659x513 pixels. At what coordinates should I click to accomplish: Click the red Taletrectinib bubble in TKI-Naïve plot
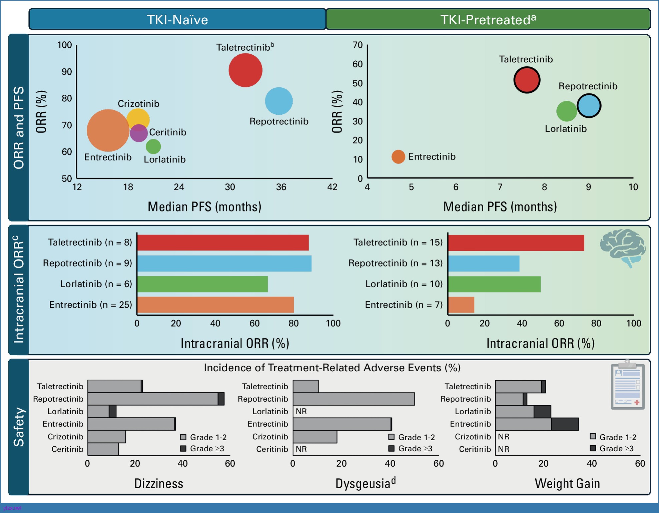click(x=245, y=70)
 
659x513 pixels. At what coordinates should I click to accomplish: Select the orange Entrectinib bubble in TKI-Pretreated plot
click(x=398, y=157)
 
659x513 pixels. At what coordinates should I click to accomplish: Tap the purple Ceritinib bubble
click(x=139, y=133)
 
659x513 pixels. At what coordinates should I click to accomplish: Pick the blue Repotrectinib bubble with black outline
click(x=589, y=106)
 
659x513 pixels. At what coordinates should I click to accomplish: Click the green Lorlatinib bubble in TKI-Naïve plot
click(x=153, y=146)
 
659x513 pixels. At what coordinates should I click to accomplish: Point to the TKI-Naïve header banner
click(x=177, y=19)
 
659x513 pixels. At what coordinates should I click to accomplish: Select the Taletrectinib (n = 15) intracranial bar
click(x=516, y=243)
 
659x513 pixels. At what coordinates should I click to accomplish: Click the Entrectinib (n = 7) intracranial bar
click(x=461, y=305)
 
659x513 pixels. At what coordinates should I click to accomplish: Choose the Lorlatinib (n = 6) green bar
click(x=202, y=284)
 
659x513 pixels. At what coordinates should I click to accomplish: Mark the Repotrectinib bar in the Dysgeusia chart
click(x=354, y=399)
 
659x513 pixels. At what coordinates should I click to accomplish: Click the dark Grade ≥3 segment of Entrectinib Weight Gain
click(x=565, y=424)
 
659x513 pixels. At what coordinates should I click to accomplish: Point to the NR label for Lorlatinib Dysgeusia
click(x=301, y=412)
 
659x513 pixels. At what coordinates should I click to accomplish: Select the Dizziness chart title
click(x=159, y=484)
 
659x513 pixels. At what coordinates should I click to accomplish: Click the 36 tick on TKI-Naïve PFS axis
click(x=281, y=187)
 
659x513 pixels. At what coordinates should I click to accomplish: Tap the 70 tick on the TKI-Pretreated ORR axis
click(x=358, y=45)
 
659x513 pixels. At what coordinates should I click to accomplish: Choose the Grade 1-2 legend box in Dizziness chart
click(x=183, y=437)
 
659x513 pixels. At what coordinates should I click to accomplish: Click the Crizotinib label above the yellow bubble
click(x=139, y=104)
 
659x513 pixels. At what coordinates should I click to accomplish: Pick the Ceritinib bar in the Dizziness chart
click(x=103, y=449)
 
